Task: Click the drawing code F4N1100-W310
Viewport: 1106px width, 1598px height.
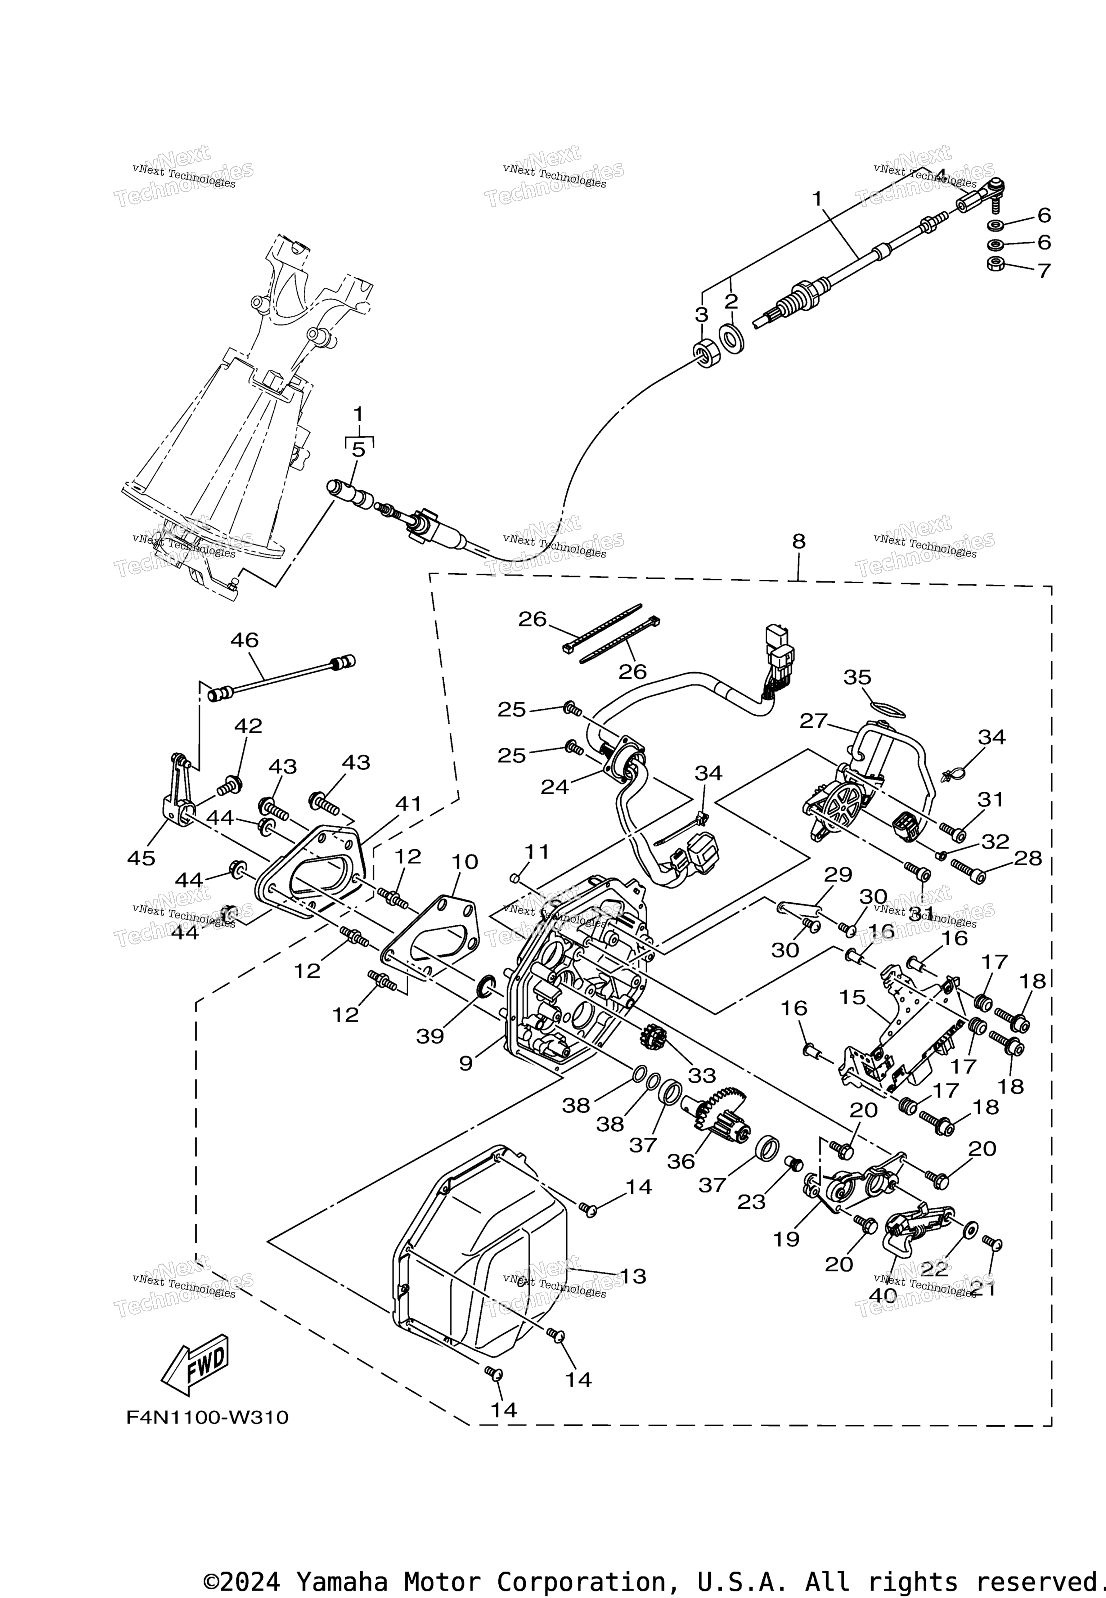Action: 207,1418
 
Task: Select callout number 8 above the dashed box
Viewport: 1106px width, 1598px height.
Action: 799,541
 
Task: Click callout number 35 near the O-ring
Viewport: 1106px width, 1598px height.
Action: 857,677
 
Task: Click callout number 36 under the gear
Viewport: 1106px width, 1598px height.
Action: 680,1162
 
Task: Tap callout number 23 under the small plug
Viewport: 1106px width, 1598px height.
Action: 751,1202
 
